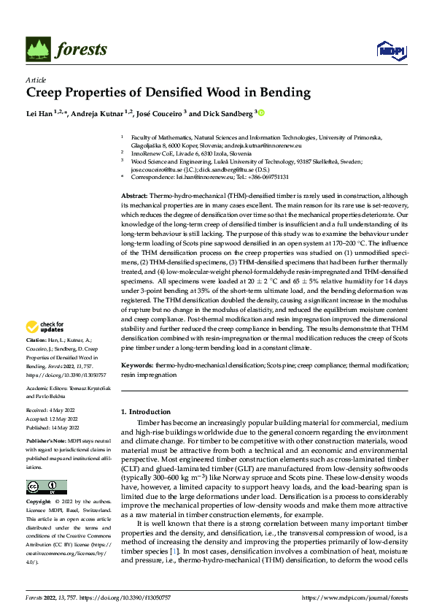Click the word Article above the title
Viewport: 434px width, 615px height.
(x=36, y=80)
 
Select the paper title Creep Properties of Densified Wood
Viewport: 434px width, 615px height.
(x=168, y=93)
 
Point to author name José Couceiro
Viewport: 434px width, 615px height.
(x=212, y=113)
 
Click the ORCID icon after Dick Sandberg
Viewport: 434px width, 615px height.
(x=261, y=113)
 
